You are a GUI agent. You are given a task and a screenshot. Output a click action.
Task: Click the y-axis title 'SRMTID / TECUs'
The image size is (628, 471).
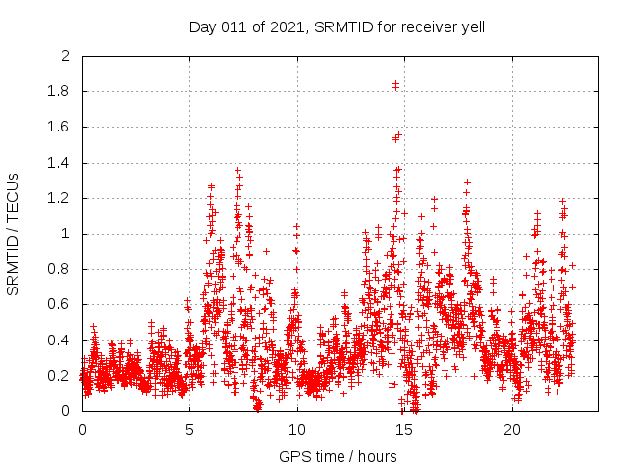pyautogui.click(x=13, y=234)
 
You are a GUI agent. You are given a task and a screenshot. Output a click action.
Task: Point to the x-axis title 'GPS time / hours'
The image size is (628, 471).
pyautogui.click(x=338, y=456)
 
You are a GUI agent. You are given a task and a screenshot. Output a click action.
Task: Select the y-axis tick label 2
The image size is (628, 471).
pyautogui.click(x=66, y=57)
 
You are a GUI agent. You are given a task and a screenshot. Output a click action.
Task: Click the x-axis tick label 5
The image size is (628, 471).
pyautogui.click(x=189, y=430)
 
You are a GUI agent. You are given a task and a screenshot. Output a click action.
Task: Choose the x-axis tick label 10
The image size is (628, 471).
pyautogui.click(x=297, y=430)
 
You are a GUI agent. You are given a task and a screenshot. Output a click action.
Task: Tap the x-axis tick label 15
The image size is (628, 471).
pyautogui.click(x=404, y=430)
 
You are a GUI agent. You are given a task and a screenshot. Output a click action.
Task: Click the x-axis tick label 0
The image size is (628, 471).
pyautogui.click(x=82, y=430)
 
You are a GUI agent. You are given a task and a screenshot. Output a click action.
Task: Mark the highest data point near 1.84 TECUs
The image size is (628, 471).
pyautogui.click(x=395, y=84)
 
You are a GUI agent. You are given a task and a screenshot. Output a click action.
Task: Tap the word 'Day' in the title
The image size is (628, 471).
pyautogui.click(x=201, y=26)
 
